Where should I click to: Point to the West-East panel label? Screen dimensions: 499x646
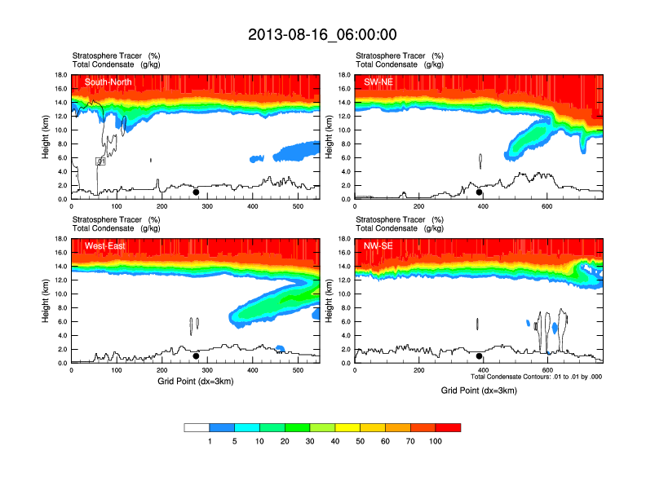(x=103, y=245)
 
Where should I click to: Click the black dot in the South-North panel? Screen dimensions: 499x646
(x=196, y=192)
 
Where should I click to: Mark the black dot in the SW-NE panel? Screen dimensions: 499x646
(x=480, y=192)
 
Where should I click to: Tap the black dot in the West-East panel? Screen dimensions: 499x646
(x=196, y=356)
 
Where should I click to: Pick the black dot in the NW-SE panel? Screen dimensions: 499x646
(x=480, y=356)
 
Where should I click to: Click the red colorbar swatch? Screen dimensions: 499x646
(x=448, y=427)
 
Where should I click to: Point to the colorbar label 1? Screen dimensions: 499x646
(x=210, y=441)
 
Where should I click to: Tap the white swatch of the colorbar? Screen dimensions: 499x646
(x=197, y=427)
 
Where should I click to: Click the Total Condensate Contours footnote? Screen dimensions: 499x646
(x=537, y=377)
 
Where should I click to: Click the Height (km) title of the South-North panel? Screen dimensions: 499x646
(x=46, y=136)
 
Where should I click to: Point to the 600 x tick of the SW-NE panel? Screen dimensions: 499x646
(x=546, y=206)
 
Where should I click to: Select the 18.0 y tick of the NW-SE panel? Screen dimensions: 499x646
(x=345, y=239)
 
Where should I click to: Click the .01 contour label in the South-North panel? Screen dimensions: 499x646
(x=101, y=162)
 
